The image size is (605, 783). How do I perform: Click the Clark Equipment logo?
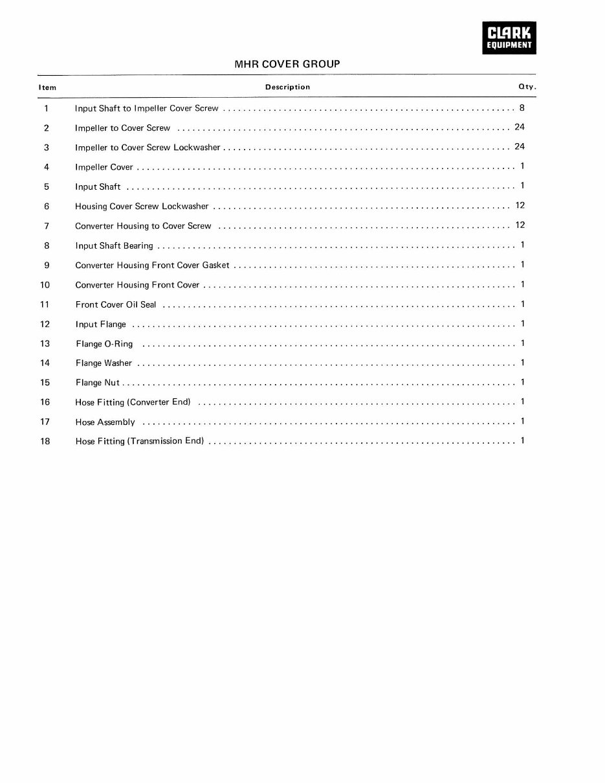[x=509, y=37]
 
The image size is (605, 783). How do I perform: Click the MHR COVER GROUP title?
[x=287, y=64]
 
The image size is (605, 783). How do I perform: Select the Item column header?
[x=47, y=87]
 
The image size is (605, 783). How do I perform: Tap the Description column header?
[x=287, y=87]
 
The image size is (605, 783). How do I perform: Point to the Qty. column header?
[x=527, y=87]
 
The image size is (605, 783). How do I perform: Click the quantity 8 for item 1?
[x=522, y=108]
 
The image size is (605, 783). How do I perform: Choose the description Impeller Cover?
[x=104, y=167]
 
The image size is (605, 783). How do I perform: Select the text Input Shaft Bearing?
[x=114, y=245]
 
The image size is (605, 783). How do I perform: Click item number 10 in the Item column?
[x=45, y=285]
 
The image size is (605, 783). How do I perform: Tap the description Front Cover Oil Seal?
[x=116, y=304]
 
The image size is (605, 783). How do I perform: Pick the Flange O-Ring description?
[x=104, y=344]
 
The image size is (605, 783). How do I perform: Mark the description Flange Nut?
[x=97, y=383]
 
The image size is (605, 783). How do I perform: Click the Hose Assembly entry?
[x=105, y=422]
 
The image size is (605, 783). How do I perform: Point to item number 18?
[x=45, y=442]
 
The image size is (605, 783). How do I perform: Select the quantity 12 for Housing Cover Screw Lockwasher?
[x=520, y=205]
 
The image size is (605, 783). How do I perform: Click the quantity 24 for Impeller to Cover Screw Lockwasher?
[x=520, y=146]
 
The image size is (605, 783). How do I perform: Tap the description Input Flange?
[x=100, y=324]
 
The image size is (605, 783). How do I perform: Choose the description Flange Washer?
[x=104, y=363]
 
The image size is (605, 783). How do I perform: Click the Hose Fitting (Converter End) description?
[x=133, y=402]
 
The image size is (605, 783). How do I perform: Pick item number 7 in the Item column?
[x=47, y=226]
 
